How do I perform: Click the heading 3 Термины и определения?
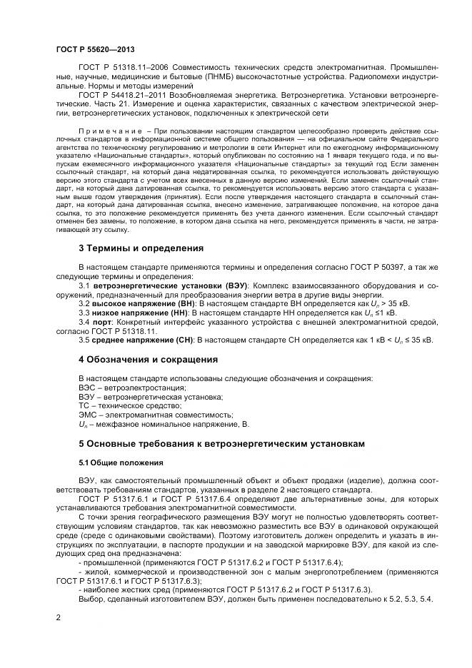(141, 248)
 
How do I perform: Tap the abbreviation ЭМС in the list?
(86, 415)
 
